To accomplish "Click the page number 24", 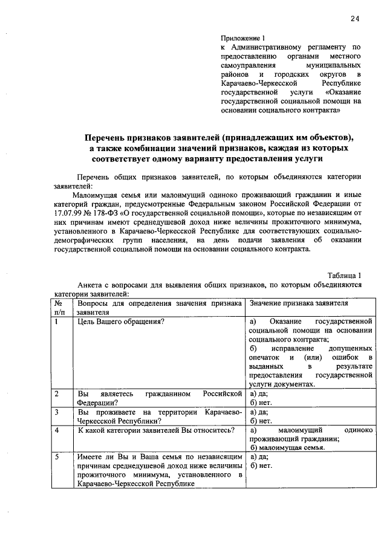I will (354, 19).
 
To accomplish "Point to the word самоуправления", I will (247, 65).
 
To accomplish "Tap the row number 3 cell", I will (56, 412).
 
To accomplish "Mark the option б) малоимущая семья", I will (288, 448).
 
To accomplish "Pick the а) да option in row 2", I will (259, 394).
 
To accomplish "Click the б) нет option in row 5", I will (261, 466).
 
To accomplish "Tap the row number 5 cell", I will (56, 458).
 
